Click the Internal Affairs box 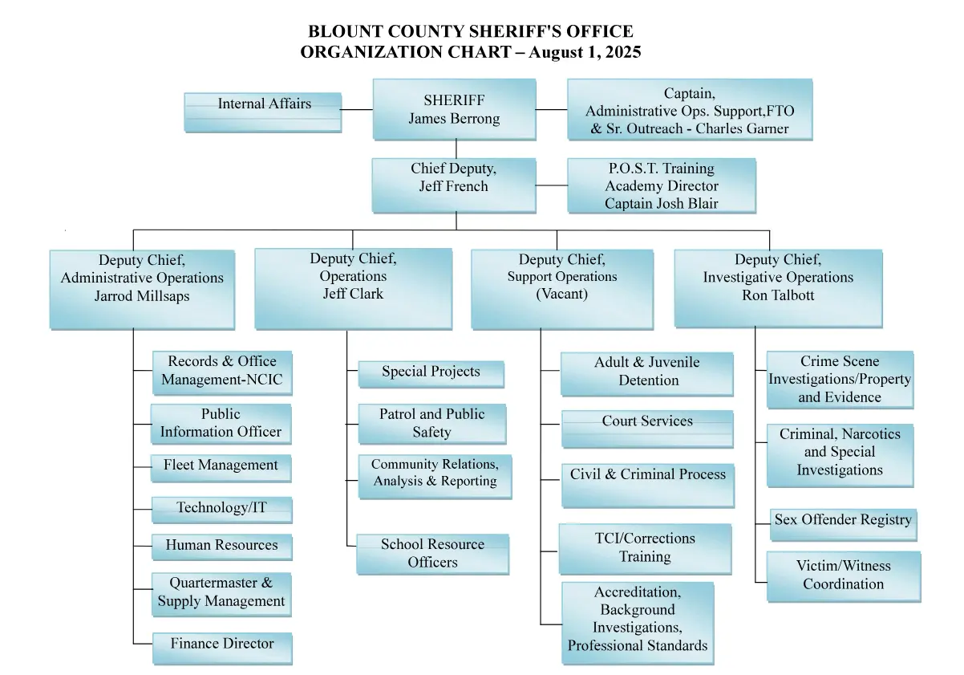[263, 112]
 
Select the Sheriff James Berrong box [455, 109]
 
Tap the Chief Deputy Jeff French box [454, 185]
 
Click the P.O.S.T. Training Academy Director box [662, 185]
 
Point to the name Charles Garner [742, 128]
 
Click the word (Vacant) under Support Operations [561, 294]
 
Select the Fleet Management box [221, 468]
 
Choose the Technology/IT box [222, 510]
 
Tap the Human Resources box [222, 547]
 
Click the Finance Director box [222, 649]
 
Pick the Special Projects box [431, 374]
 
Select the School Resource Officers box [433, 554]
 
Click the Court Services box [648, 429]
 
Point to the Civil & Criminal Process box [648, 486]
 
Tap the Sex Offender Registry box [844, 525]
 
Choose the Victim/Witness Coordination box [844, 576]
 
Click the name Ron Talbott [778, 295]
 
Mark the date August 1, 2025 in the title [585, 52]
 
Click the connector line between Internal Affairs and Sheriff [357, 109]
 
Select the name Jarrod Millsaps [142, 296]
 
